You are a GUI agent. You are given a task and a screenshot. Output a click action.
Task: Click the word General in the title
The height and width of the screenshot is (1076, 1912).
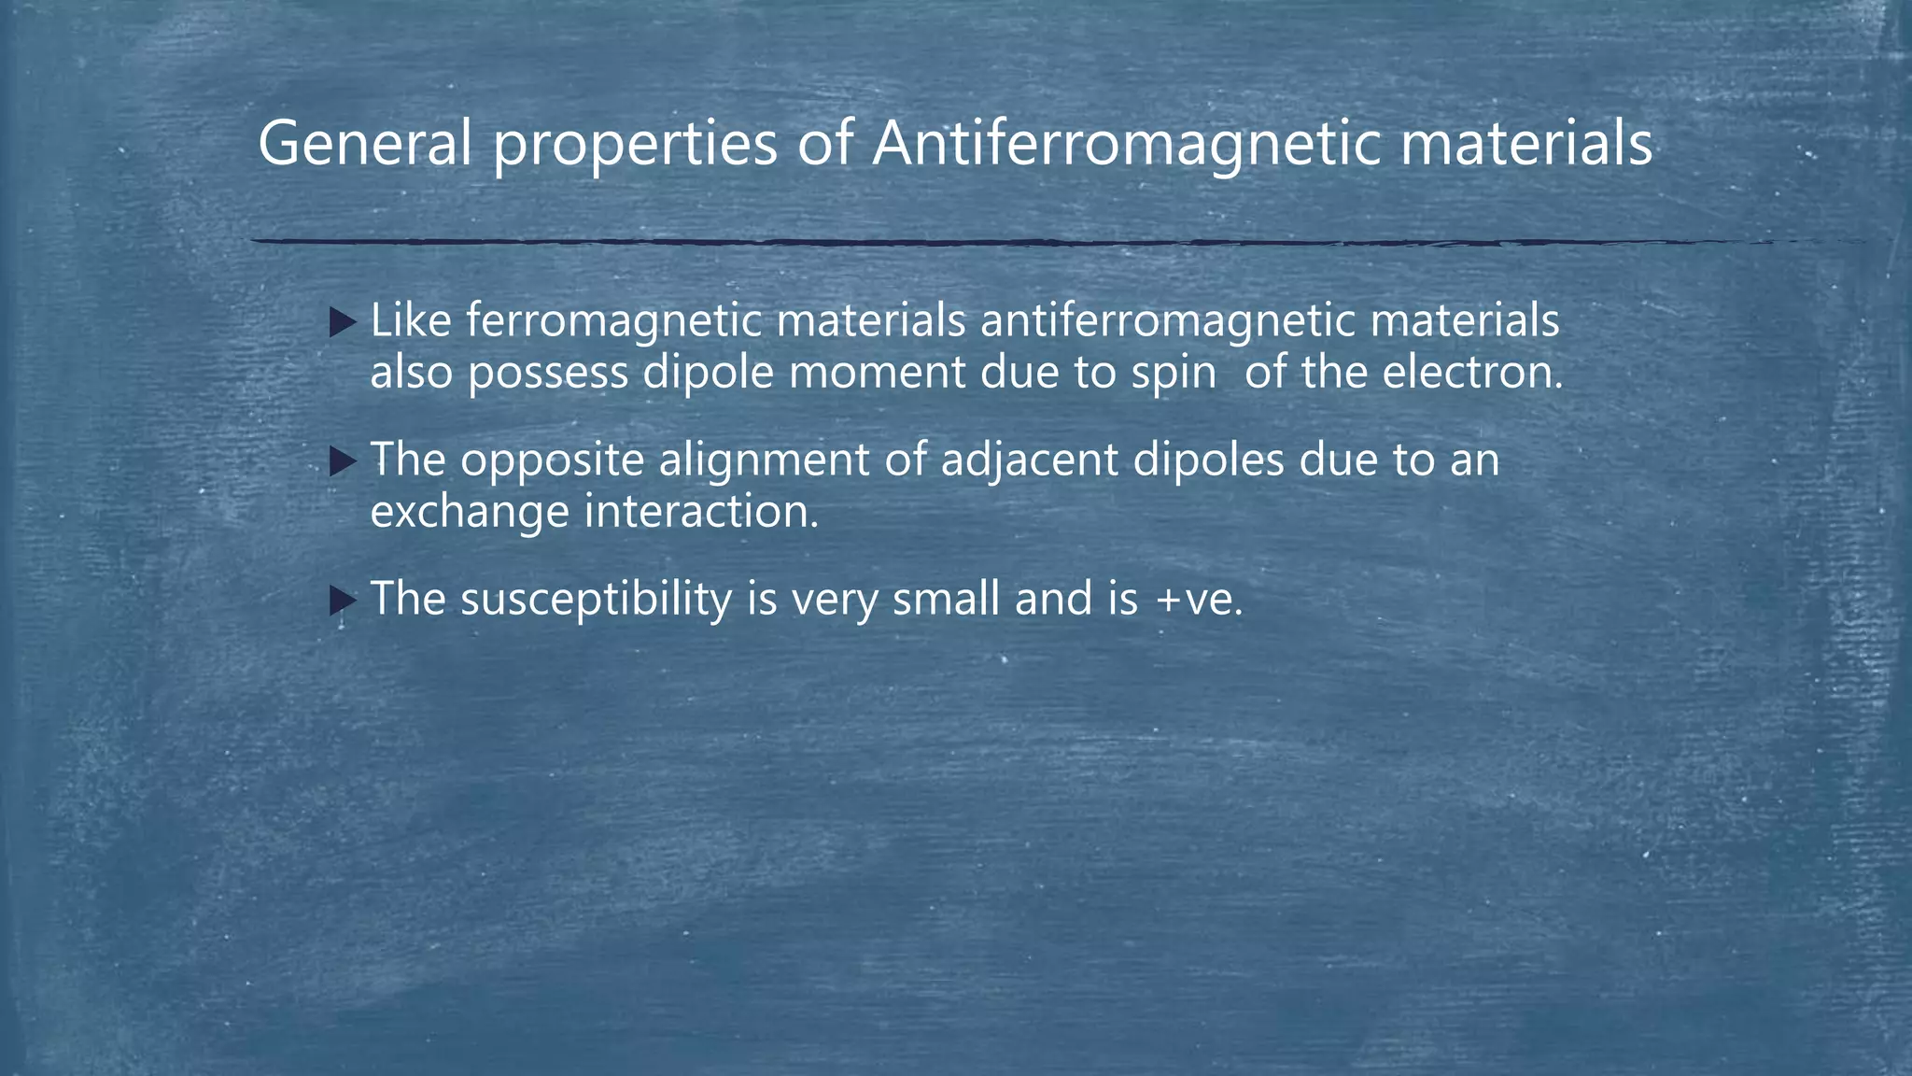click(x=364, y=145)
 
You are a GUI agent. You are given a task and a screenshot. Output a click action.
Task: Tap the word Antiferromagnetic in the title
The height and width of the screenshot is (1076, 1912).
click(x=1125, y=145)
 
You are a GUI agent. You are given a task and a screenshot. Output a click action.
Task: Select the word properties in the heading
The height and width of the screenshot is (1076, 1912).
click(x=636, y=148)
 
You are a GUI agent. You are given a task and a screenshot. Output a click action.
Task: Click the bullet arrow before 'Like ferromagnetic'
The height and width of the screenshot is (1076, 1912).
click(x=343, y=324)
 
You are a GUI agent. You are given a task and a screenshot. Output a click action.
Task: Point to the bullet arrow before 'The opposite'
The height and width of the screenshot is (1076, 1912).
click(x=343, y=461)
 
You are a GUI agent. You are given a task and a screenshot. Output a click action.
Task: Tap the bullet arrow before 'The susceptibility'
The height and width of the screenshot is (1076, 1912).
click(x=343, y=601)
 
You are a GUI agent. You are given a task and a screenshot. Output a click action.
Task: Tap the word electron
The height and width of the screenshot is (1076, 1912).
click(x=1471, y=373)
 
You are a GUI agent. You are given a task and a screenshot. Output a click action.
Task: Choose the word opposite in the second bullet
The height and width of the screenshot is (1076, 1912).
click(x=552, y=461)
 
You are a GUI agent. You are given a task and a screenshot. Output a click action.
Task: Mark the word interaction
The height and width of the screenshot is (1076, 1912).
click(x=701, y=511)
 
